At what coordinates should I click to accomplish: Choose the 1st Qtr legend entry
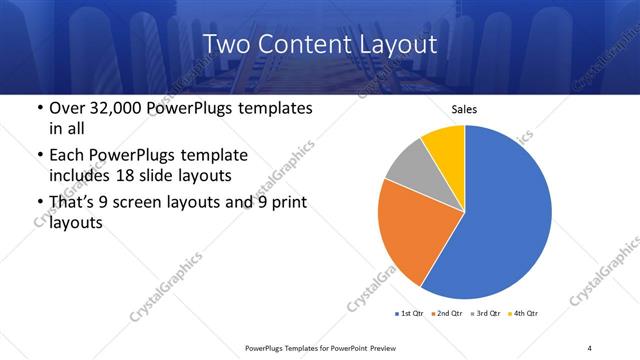(x=410, y=314)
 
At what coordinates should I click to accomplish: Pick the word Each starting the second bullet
(x=66, y=155)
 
